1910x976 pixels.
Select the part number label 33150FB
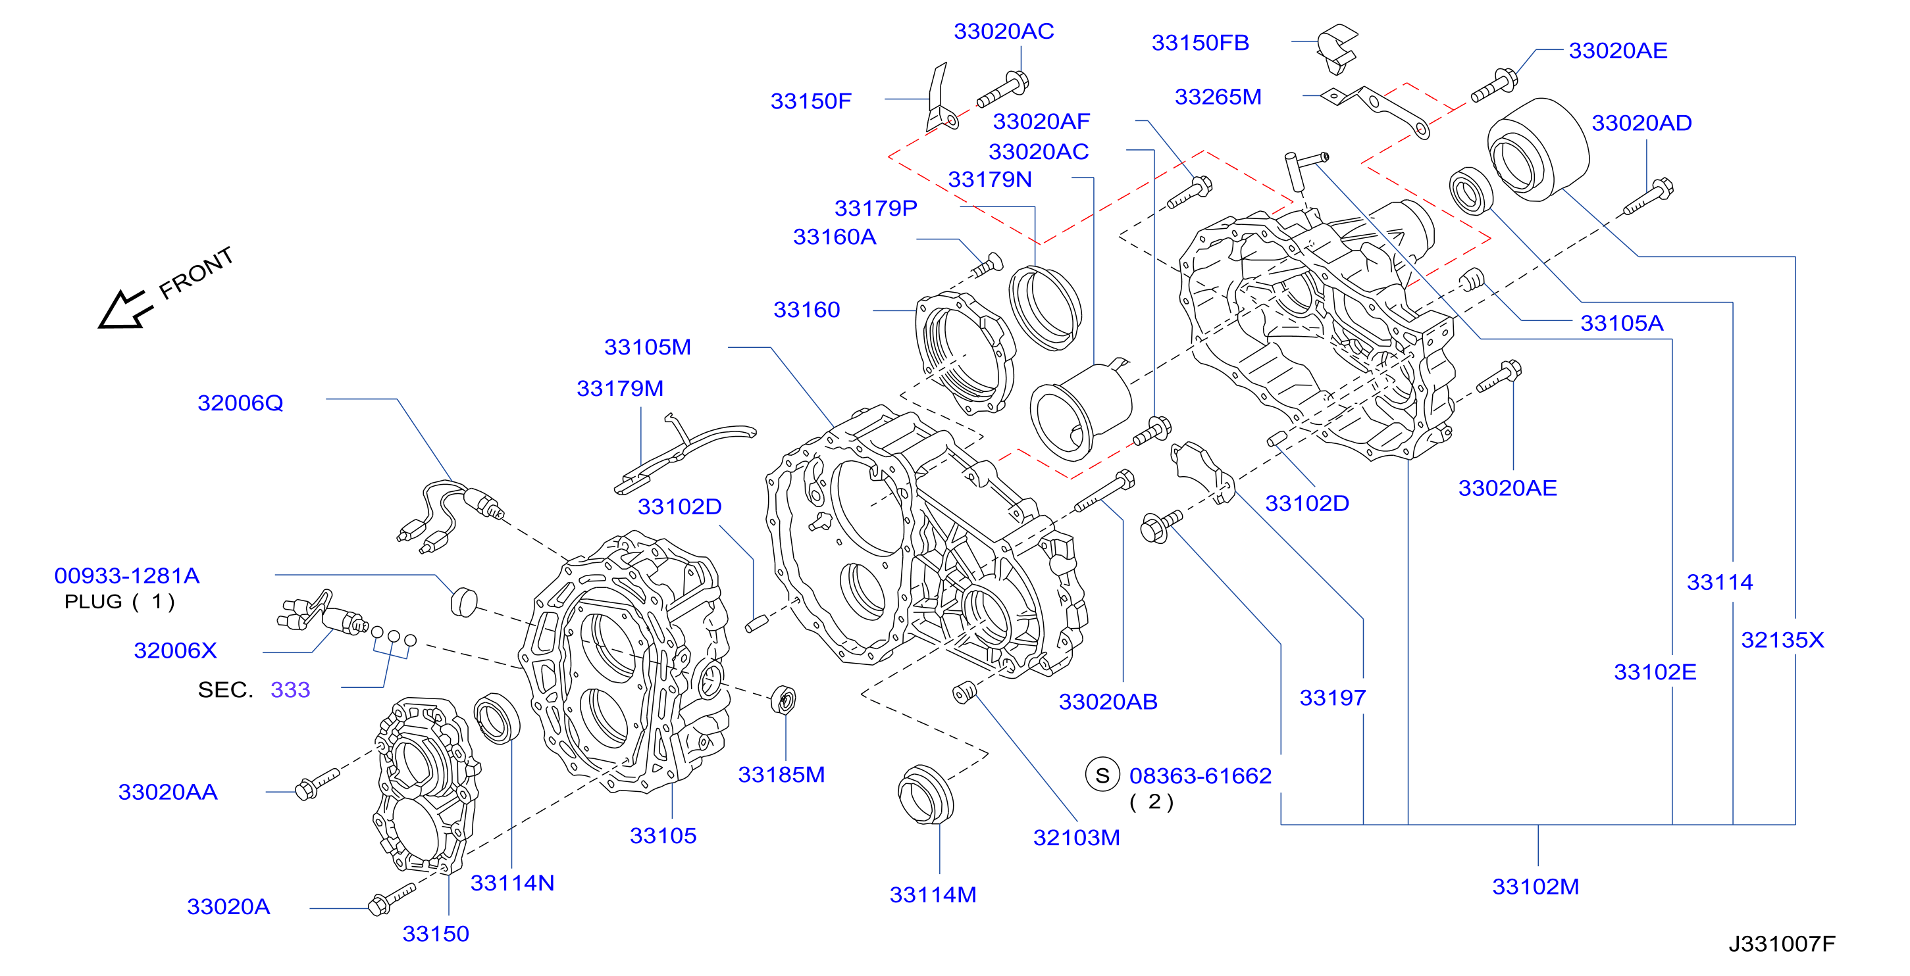(x=1200, y=43)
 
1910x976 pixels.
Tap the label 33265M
(x=1218, y=97)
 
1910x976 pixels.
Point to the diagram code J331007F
(x=1782, y=943)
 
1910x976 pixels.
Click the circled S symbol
(x=1102, y=775)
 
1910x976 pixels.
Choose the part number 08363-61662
(x=1200, y=776)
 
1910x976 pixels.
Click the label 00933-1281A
(x=127, y=576)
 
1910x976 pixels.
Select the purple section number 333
(x=290, y=690)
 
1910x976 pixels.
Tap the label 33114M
(x=933, y=895)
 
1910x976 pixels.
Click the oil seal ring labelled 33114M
(x=925, y=794)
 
